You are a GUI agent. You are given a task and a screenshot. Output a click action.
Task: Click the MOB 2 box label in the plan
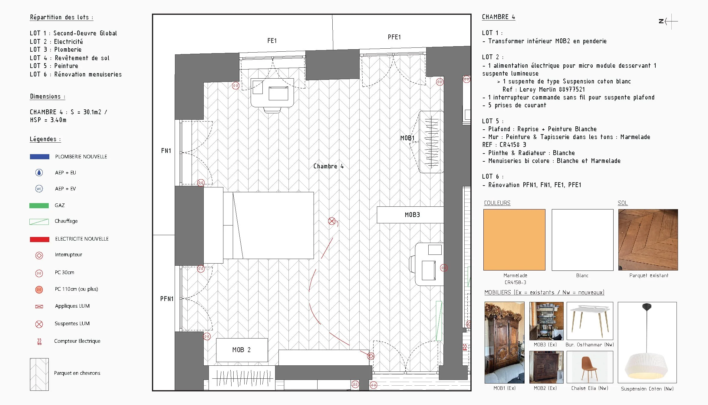coord(242,350)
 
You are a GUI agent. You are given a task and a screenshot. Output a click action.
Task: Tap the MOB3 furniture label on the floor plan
coord(412,215)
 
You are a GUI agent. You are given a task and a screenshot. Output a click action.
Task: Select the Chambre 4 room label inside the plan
coord(328,166)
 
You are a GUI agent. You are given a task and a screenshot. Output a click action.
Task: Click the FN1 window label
coord(166,151)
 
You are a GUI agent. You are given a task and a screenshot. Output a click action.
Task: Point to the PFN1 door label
coord(167,299)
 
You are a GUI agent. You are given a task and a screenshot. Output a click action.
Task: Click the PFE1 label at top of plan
coord(394,37)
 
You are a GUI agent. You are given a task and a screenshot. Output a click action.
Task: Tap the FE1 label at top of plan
coord(272,40)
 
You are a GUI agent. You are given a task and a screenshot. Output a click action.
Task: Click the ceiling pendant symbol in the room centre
coord(332,221)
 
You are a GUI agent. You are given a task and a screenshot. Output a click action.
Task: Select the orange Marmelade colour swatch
coord(514,240)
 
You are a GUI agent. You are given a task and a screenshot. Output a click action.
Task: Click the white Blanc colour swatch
coord(582,240)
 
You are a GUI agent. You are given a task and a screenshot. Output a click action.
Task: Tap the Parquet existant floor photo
coord(648,240)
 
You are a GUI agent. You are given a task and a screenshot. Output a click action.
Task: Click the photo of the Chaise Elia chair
coord(589,367)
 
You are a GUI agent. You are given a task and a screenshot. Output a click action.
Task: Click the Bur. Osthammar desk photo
coord(589,321)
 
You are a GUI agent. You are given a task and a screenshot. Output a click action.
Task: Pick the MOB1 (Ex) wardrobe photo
coord(504,342)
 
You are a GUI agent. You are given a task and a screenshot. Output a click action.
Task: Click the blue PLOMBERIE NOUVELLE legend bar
coord(39,157)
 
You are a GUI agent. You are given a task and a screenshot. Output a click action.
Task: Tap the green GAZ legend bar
coord(39,206)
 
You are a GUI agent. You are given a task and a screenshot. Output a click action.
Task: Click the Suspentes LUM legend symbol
coord(39,324)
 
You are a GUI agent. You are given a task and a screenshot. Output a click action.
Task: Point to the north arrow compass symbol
coord(668,21)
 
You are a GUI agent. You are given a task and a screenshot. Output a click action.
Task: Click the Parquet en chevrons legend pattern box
coord(39,374)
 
